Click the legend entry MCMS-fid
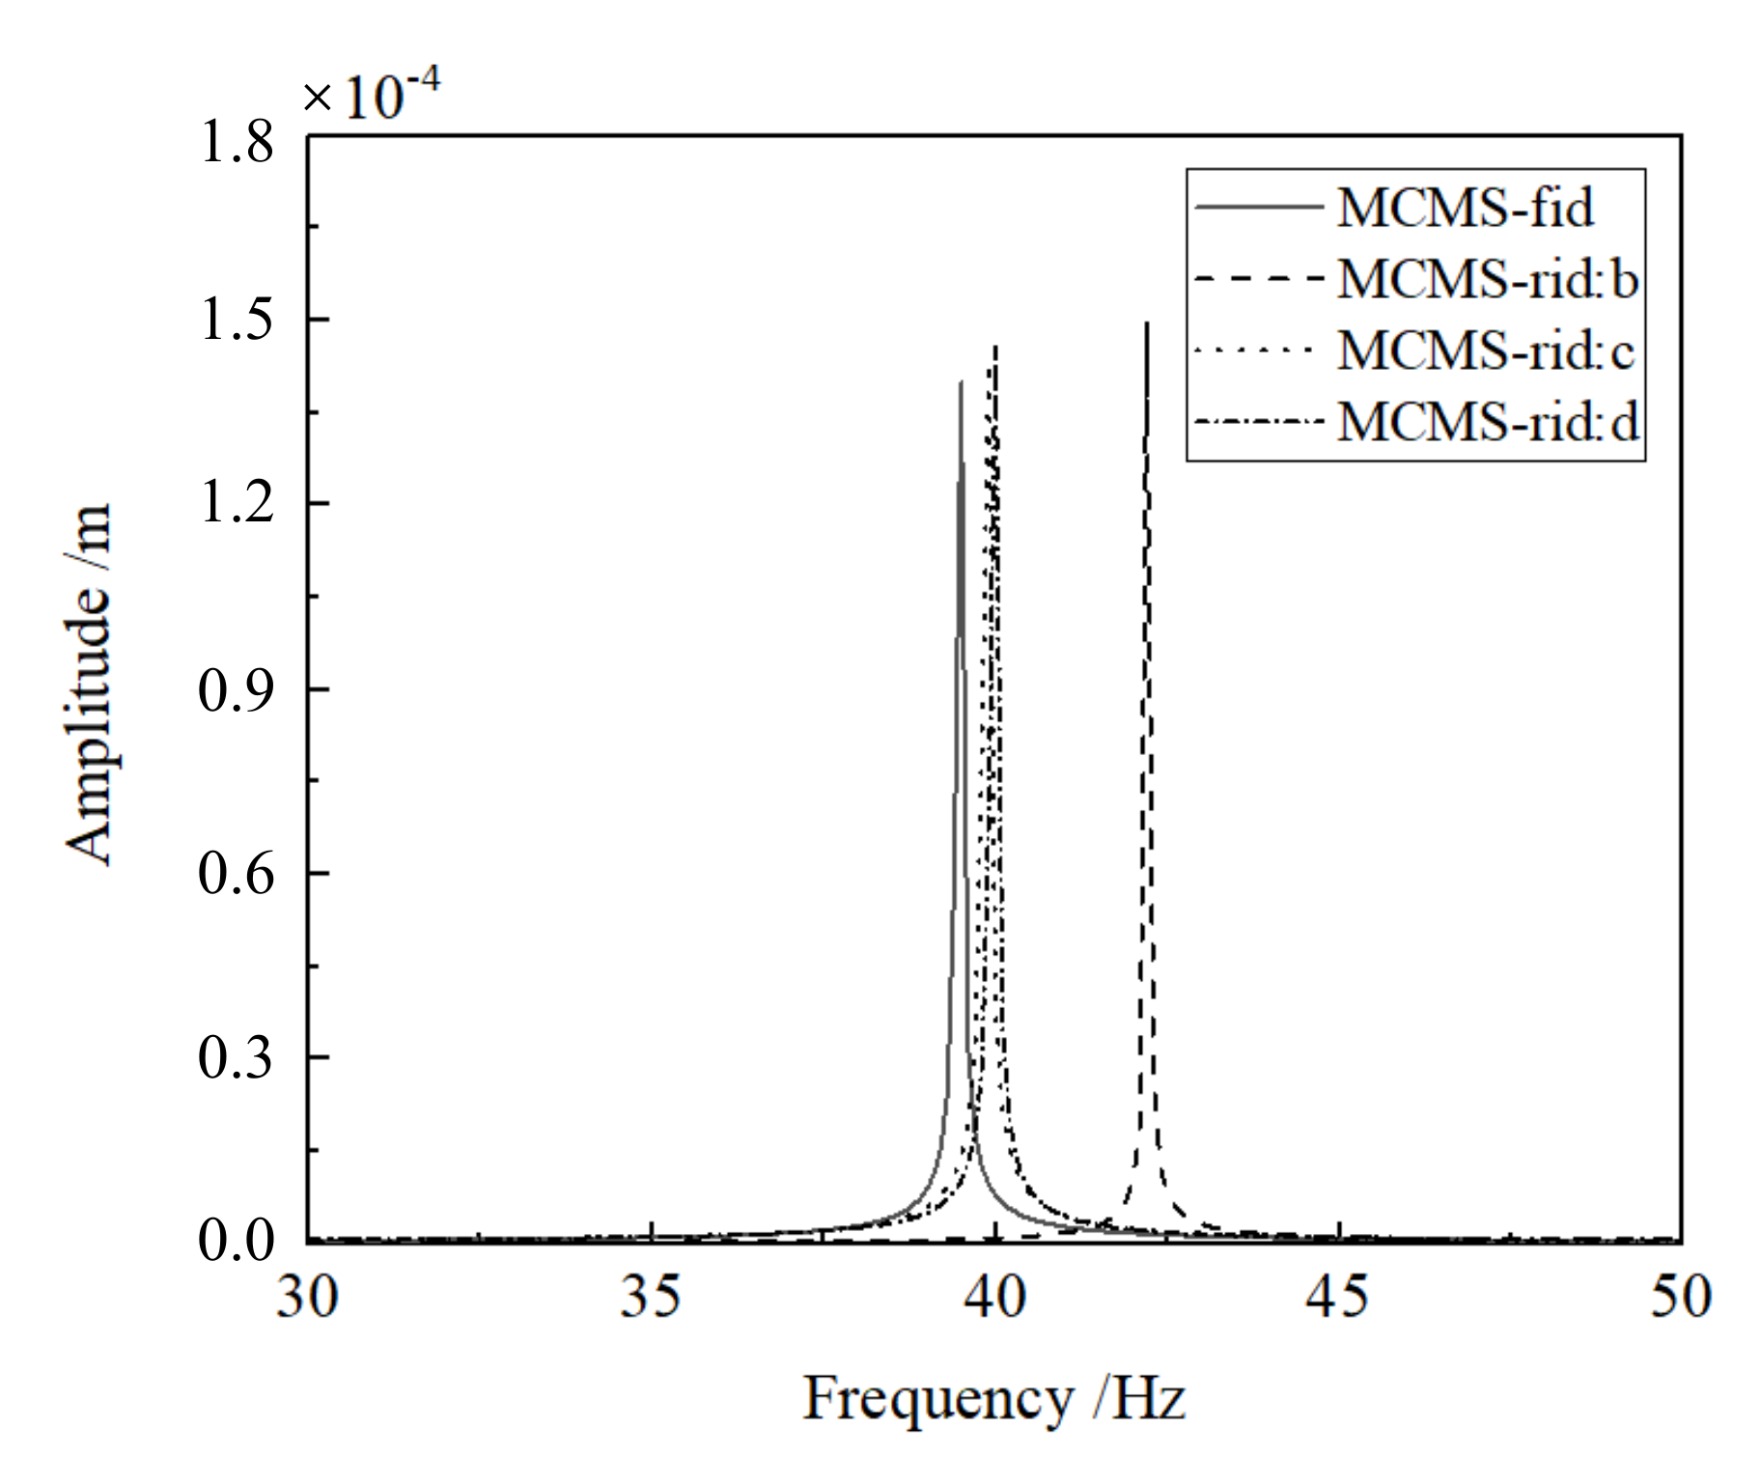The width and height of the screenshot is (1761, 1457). click(1464, 208)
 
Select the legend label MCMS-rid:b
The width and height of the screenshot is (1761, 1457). click(1487, 279)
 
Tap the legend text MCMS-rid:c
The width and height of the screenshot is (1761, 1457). click(1485, 350)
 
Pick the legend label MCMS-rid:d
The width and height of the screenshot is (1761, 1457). click(1487, 422)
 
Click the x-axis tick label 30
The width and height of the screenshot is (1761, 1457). click(307, 1297)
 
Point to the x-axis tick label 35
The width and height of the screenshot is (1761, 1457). click(650, 1297)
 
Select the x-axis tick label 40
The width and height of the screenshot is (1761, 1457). click(994, 1297)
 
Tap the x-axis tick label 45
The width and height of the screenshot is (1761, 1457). click(1337, 1297)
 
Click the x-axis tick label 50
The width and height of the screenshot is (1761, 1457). click(1681, 1297)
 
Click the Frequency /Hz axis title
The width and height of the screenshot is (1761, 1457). click(994, 1399)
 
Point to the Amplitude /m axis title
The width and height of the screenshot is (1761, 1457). click(89, 684)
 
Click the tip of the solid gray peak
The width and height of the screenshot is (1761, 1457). click(961, 382)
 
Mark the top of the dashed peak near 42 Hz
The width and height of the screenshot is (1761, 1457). click(1146, 324)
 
